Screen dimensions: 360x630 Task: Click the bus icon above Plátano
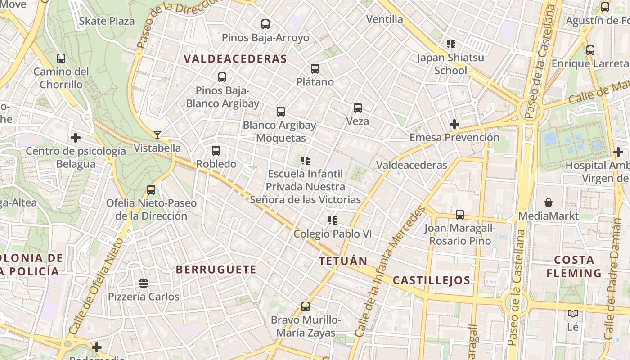[315, 69]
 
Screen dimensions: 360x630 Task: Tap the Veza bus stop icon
[358, 108]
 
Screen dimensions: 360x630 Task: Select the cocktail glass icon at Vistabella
[157, 135]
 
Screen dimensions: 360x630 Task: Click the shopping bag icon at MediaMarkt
[548, 202]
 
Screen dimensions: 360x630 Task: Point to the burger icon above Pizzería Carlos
[144, 283]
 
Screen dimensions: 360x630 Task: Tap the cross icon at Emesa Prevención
[454, 124]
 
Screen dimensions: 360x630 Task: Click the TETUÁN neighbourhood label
[343, 261]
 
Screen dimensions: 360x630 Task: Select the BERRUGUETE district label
[216, 270]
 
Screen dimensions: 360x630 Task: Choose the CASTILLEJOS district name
[432, 280]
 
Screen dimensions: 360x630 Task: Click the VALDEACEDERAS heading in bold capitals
[235, 59]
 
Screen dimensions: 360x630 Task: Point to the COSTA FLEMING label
[574, 266]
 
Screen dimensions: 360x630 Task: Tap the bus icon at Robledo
[216, 151]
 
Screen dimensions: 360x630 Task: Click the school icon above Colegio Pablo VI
[333, 220]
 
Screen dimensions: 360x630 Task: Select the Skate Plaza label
[107, 21]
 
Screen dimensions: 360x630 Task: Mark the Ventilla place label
[385, 19]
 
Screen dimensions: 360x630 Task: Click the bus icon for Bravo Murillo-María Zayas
[306, 306]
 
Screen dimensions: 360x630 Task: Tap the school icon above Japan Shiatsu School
[450, 44]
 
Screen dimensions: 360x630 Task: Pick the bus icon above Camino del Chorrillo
[61, 58]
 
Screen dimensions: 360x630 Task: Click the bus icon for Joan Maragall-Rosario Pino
[459, 215]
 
